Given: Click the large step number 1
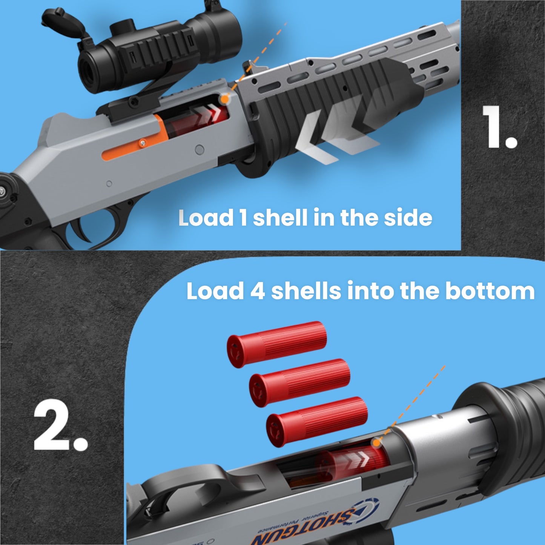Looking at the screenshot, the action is point(499,127).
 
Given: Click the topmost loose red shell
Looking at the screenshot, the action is point(276,344).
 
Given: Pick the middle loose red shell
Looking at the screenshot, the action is point(299,383).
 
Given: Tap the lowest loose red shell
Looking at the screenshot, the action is point(317,421).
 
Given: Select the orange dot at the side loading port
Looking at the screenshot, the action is point(224,99).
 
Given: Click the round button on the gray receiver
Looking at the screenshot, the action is point(200,150).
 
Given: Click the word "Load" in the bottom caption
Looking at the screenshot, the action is point(215,291).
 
